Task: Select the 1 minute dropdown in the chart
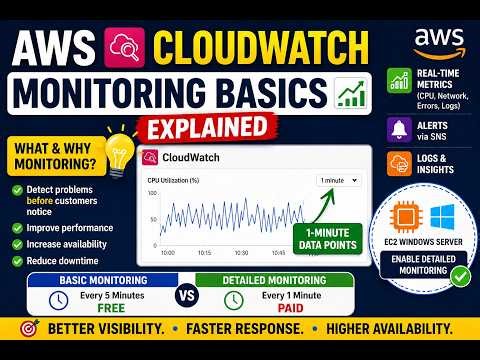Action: [339, 180]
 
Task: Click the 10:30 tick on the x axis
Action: [240, 252]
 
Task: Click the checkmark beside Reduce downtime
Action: [17, 260]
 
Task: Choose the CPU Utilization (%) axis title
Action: [173, 180]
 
